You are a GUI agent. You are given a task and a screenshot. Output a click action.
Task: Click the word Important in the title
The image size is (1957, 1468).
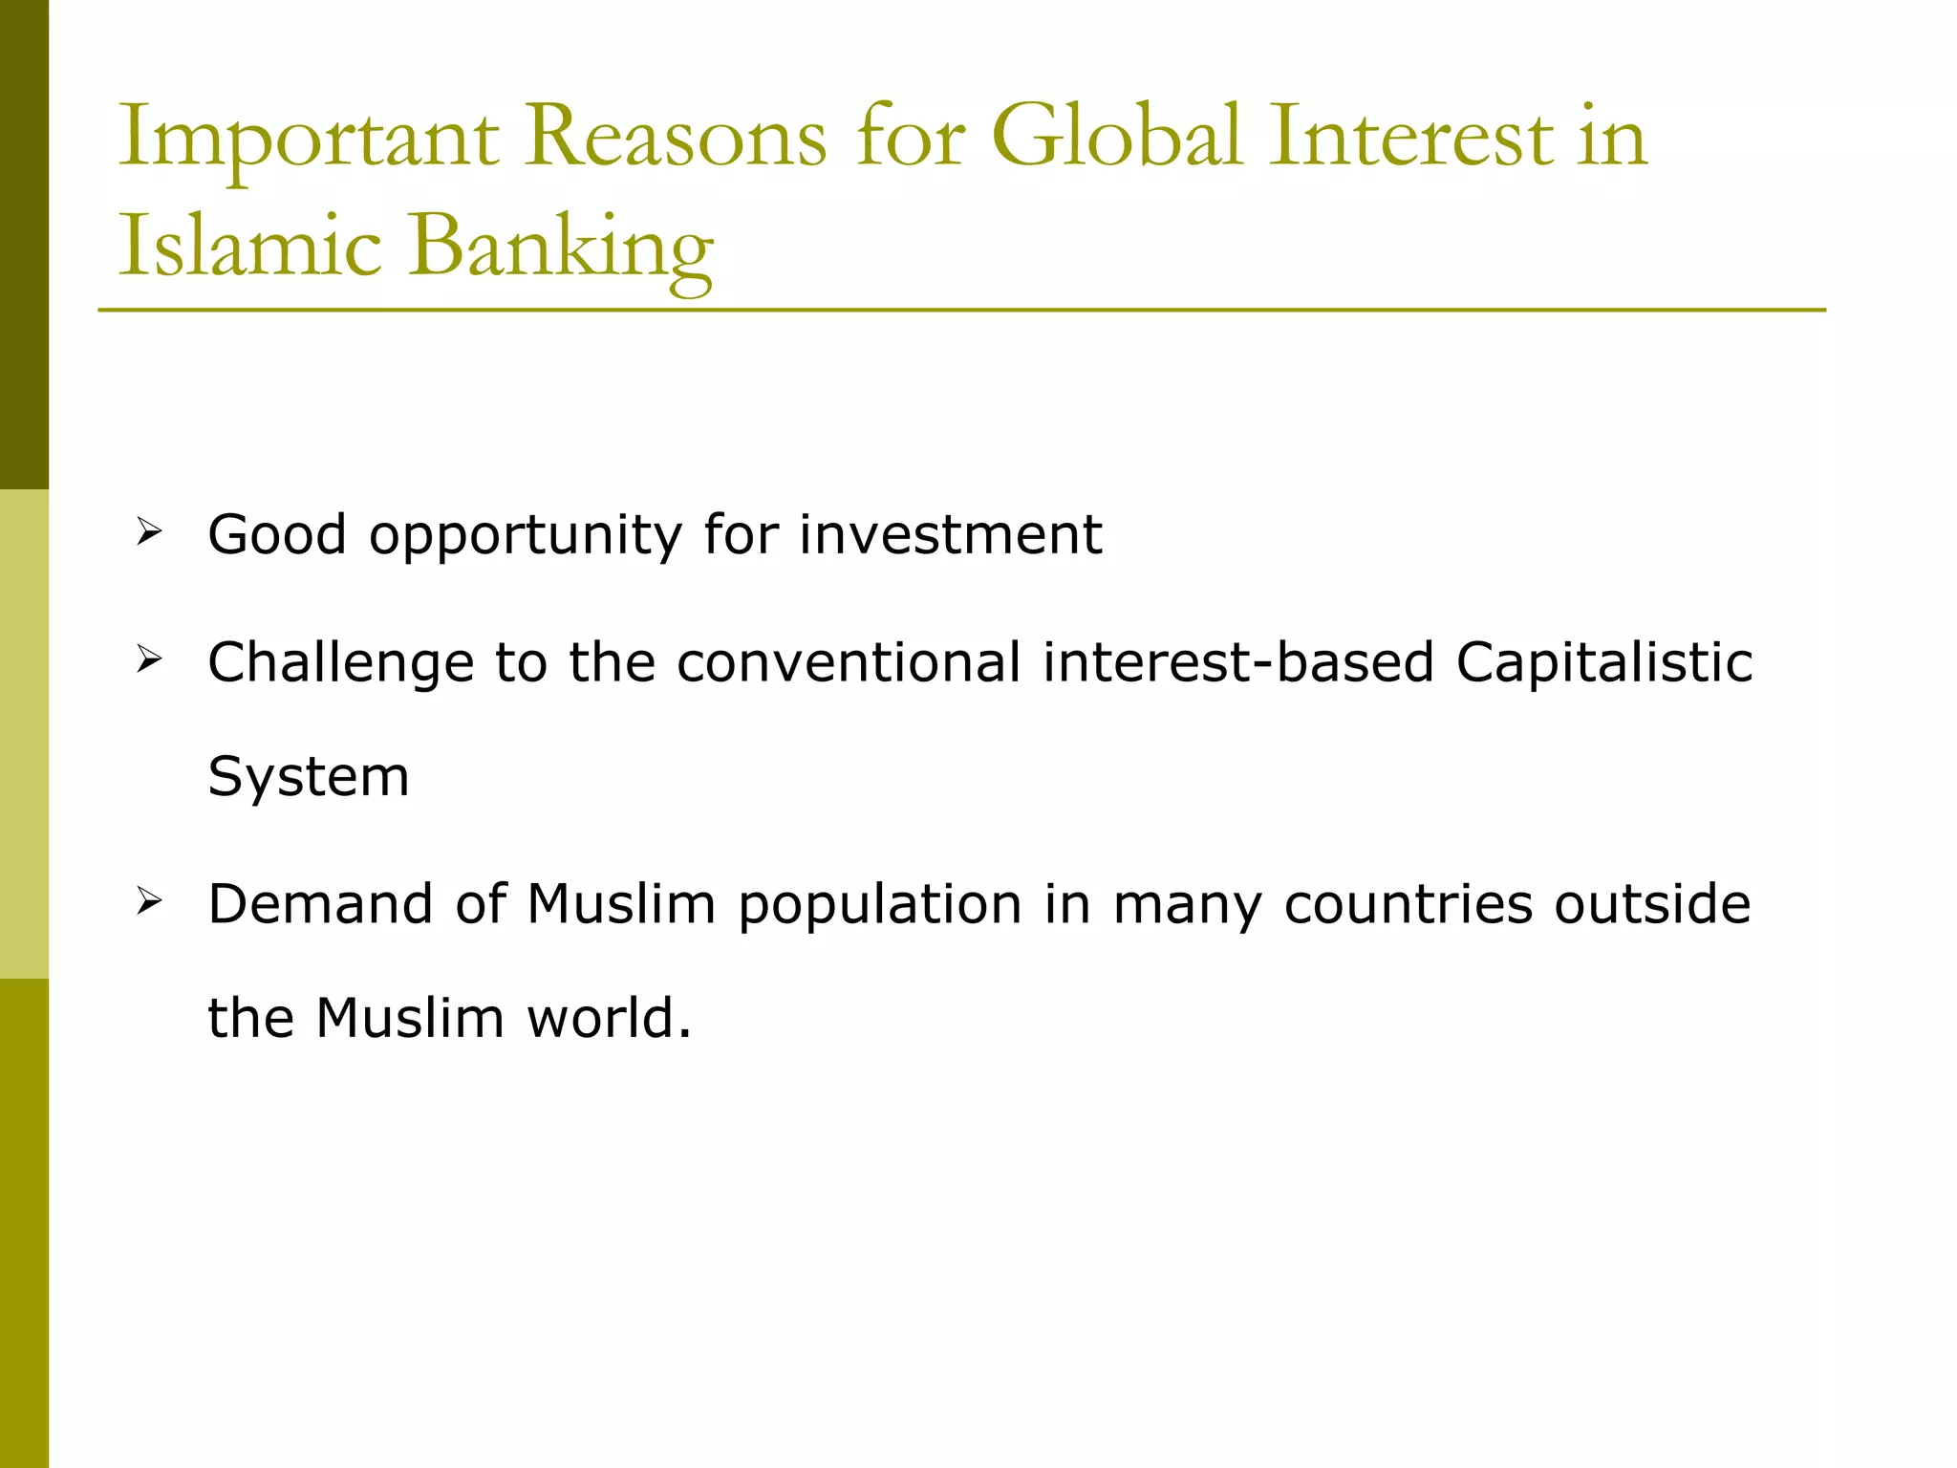[308, 140]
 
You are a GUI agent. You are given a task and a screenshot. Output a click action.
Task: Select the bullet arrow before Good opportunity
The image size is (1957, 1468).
[149, 530]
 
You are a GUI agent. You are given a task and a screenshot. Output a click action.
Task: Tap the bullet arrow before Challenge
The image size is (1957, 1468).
[149, 658]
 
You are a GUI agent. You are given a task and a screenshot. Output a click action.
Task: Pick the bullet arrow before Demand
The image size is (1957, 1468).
[149, 900]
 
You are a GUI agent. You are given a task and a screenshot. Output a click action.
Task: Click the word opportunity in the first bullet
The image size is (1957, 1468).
[526, 535]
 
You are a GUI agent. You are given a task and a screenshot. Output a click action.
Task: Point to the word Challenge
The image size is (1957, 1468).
[340, 662]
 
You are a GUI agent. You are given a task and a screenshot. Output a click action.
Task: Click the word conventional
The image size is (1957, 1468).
[849, 662]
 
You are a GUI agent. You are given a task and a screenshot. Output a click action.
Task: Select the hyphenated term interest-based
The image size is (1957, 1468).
[1238, 662]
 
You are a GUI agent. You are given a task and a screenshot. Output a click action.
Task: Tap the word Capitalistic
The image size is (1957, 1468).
[1604, 662]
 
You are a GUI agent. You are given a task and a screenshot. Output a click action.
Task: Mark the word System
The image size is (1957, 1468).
[308, 776]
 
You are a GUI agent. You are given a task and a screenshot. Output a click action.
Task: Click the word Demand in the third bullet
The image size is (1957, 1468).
[320, 903]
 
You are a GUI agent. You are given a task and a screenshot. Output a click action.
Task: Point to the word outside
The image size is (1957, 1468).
[1652, 903]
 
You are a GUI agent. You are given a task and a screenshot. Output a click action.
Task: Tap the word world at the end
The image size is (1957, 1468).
[597, 1018]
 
